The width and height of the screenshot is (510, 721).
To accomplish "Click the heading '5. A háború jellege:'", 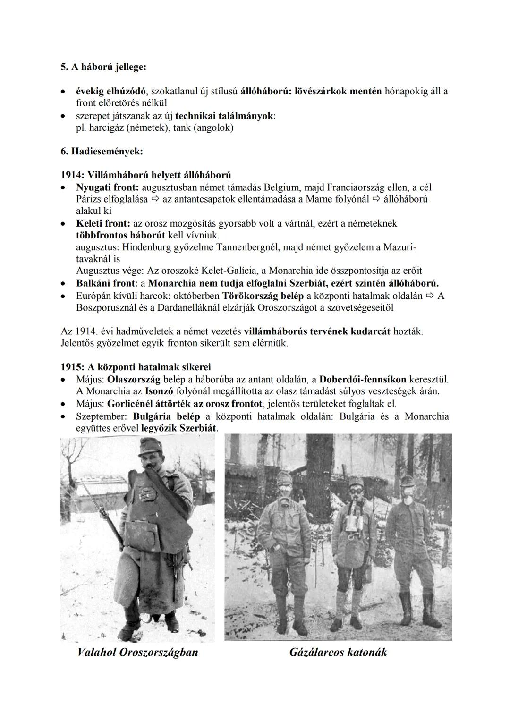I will tap(103, 68).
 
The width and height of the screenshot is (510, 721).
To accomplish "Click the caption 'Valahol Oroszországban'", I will tap(137, 653).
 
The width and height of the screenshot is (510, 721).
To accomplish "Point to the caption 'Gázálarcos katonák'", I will tap(338, 653).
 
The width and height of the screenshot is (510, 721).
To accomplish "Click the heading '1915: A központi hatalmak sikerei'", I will tap(136, 367).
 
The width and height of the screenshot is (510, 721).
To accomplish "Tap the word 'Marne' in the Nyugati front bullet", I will tap(319, 199).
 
